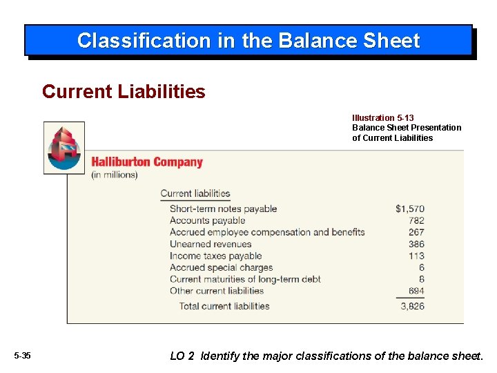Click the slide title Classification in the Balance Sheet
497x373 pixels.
(x=248, y=41)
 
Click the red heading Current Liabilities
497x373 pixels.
(x=124, y=92)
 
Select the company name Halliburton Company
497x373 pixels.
(x=147, y=162)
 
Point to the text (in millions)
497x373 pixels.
(x=115, y=175)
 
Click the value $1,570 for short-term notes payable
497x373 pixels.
(x=410, y=209)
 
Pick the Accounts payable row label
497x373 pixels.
(x=207, y=220)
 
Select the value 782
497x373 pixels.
(x=416, y=220)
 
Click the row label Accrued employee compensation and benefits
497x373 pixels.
(x=267, y=232)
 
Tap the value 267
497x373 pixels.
(x=416, y=232)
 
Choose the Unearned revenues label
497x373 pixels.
(x=211, y=244)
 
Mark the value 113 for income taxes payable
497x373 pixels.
(x=416, y=256)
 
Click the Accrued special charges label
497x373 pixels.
(x=221, y=267)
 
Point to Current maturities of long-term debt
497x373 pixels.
(x=245, y=279)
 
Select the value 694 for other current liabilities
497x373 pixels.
(x=416, y=291)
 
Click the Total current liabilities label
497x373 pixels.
(x=224, y=306)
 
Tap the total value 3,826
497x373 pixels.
(x=412, y=306)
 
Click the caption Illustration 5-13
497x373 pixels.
(x=382, y=118)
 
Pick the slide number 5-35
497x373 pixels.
(x=23, y=356)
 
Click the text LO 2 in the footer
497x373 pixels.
(x=182, y=356)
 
